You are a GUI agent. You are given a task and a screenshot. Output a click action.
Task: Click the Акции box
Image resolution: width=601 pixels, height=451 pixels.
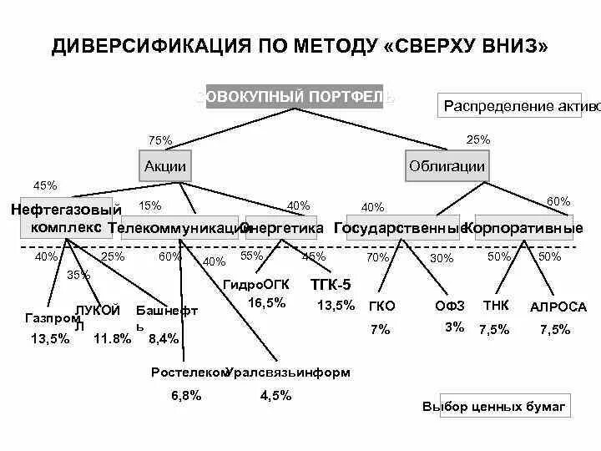(164, 166)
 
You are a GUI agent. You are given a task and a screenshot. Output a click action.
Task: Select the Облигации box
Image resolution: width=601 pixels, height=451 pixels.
(447, 166)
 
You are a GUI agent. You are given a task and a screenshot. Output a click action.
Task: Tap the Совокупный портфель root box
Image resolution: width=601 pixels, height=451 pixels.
(295, 98)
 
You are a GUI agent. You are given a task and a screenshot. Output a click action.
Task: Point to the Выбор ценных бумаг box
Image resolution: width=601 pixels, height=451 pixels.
(495, 407)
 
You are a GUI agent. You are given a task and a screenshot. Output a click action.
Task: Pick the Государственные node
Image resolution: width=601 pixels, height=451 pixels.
(399, 227)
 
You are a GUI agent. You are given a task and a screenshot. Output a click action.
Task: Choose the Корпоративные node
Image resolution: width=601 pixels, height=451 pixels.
(523, 227)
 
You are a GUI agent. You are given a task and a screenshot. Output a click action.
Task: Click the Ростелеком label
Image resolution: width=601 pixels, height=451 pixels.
(189, 372)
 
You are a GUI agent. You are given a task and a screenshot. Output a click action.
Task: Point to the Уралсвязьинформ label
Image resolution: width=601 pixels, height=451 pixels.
(289, 372)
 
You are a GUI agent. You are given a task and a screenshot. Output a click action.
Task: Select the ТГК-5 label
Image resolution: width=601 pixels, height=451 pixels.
(331, 284)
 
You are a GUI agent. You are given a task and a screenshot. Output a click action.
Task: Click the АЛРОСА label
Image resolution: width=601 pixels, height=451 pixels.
(558, 307)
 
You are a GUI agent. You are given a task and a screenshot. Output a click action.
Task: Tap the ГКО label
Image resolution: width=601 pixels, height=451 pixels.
(381, 307)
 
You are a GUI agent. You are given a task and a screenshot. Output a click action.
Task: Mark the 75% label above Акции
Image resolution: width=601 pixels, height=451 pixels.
(159, 140)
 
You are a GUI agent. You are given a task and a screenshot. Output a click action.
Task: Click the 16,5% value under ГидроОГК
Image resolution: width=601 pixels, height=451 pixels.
(266, 302)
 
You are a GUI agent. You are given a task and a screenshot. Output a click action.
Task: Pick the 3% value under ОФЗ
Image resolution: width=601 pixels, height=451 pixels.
(454, 327)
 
